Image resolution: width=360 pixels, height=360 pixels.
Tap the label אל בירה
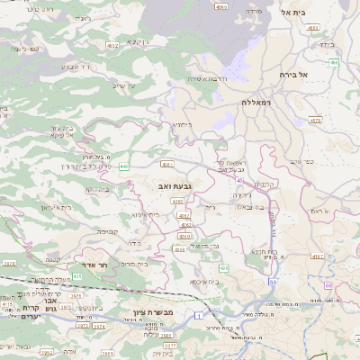point(293,74)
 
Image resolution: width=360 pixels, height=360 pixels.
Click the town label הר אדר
point(94,265)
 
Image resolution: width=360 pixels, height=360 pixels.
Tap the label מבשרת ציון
point(170,311)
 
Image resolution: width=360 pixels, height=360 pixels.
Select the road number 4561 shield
point(166,165)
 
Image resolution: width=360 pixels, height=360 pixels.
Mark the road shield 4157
point(317,256)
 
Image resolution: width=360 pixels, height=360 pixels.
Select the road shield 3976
point(9,263)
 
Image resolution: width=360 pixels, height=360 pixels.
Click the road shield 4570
point(315,119)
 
